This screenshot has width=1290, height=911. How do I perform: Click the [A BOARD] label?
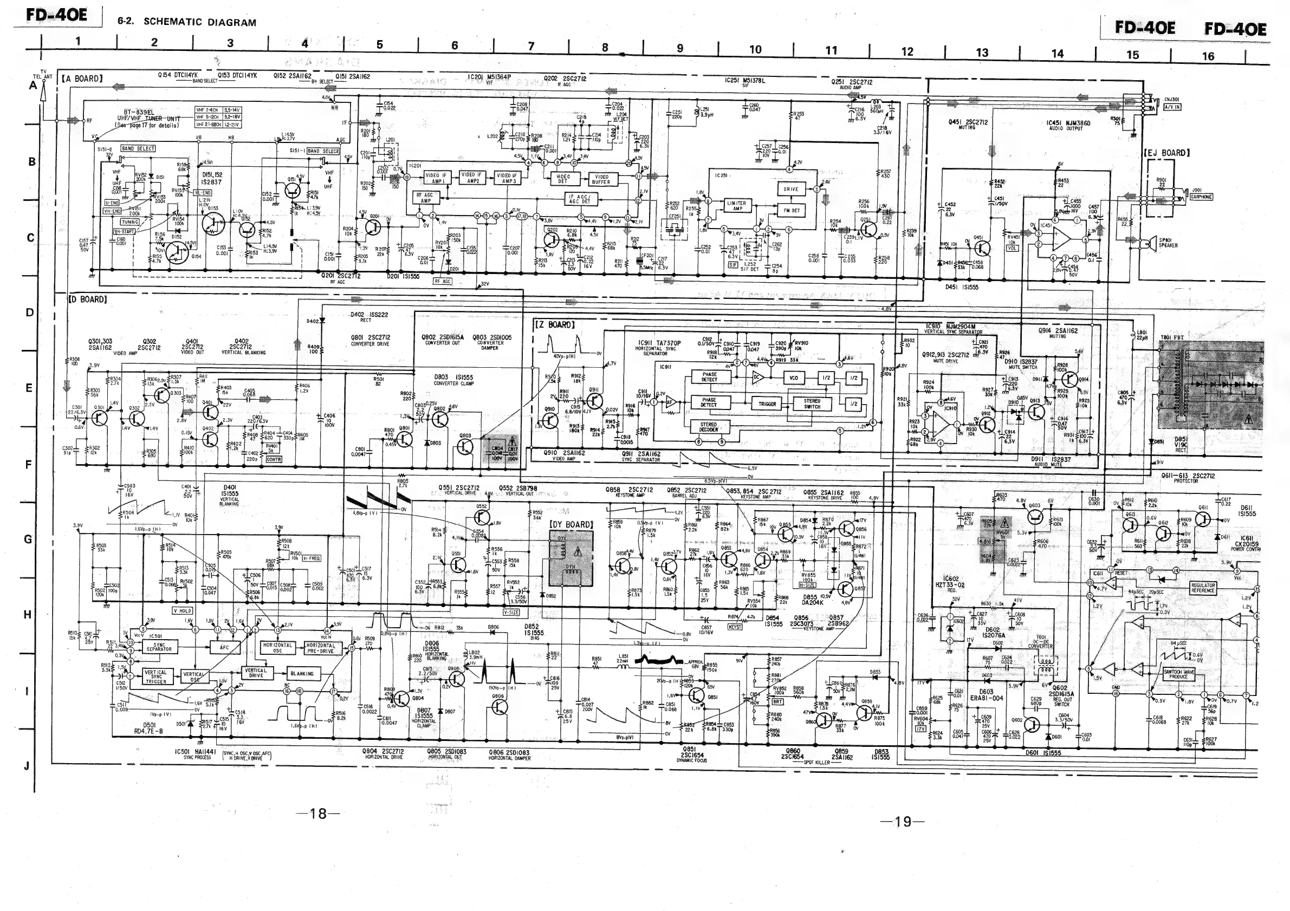point(82,79)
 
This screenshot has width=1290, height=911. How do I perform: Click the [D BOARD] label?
point(87,300)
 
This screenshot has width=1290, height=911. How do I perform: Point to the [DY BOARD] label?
point(571,525)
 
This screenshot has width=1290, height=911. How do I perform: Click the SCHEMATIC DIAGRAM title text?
point(199,22)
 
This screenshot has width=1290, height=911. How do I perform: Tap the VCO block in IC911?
point(793,378)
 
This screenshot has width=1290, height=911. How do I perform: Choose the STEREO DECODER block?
point(708,427)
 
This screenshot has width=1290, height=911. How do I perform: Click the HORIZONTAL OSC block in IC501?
point(277,648)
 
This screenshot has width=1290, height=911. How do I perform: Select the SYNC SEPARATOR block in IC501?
point(159,647)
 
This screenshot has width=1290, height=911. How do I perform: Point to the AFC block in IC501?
point(224,648)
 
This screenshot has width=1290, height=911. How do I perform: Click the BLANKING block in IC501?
point(302,673)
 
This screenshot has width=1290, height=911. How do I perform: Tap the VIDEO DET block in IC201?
point(562,179)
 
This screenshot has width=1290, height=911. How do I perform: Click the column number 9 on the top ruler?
point(680,48)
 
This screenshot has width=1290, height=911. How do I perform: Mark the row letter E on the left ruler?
point(29,388)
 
